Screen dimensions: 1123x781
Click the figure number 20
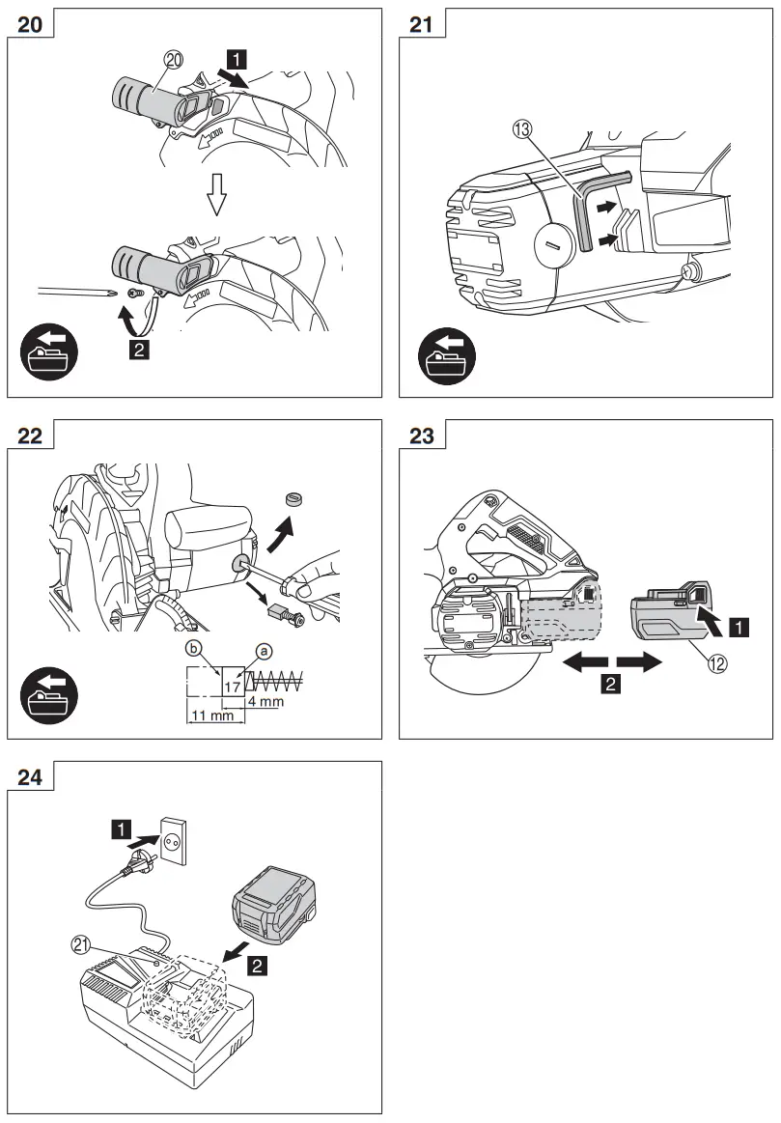[x=30, y=24]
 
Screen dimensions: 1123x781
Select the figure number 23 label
[x=422, y=435]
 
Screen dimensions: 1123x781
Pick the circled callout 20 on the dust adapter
[x=173, y=61]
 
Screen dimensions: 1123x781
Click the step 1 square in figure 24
[x=121, y=828]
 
